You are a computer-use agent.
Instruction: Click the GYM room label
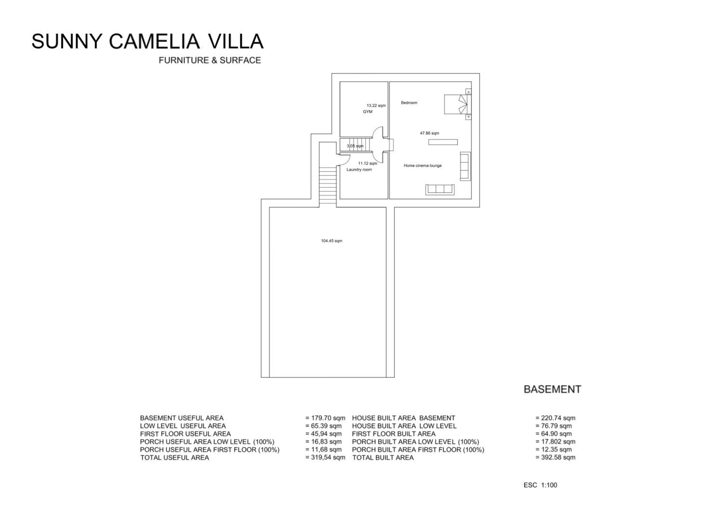[x=367, y=112]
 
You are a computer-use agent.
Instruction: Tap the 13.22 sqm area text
[x=376, y=106]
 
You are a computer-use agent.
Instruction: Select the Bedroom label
[x=409, y=103]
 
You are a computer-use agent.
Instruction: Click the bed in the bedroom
[x=455, y=104]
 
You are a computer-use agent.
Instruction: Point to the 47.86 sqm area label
[x=430, y=133]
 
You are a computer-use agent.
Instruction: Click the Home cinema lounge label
[x=423, y=166]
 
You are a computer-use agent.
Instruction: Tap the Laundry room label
[x=359, y=170]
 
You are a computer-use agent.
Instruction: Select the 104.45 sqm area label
[x=332, y=241]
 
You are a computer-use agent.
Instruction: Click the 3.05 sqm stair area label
[x=355, y=146]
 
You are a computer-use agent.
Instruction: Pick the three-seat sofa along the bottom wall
[x=440, y=190]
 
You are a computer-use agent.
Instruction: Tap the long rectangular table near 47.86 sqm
[x=443, y=142]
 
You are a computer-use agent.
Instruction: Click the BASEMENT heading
[x=552, y=389]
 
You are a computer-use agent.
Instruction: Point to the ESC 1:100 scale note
[x=540, y=485]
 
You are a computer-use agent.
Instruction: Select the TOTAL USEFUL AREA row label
[x=174, y=458]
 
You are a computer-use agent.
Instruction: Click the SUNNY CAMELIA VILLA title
[x=148, y=41]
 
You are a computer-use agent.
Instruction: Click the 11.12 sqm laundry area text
[x=367, y=163]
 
